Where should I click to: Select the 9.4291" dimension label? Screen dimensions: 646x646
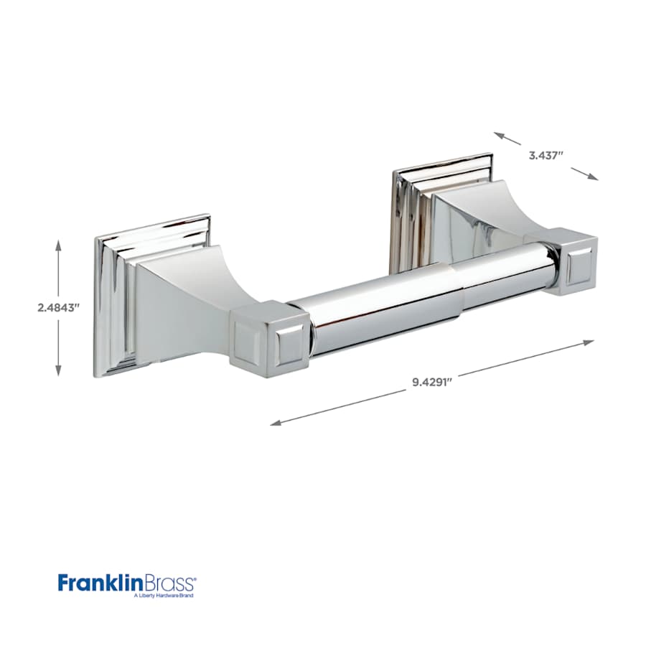pos(431,382)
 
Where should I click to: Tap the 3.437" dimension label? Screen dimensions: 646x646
pos(548,154)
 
